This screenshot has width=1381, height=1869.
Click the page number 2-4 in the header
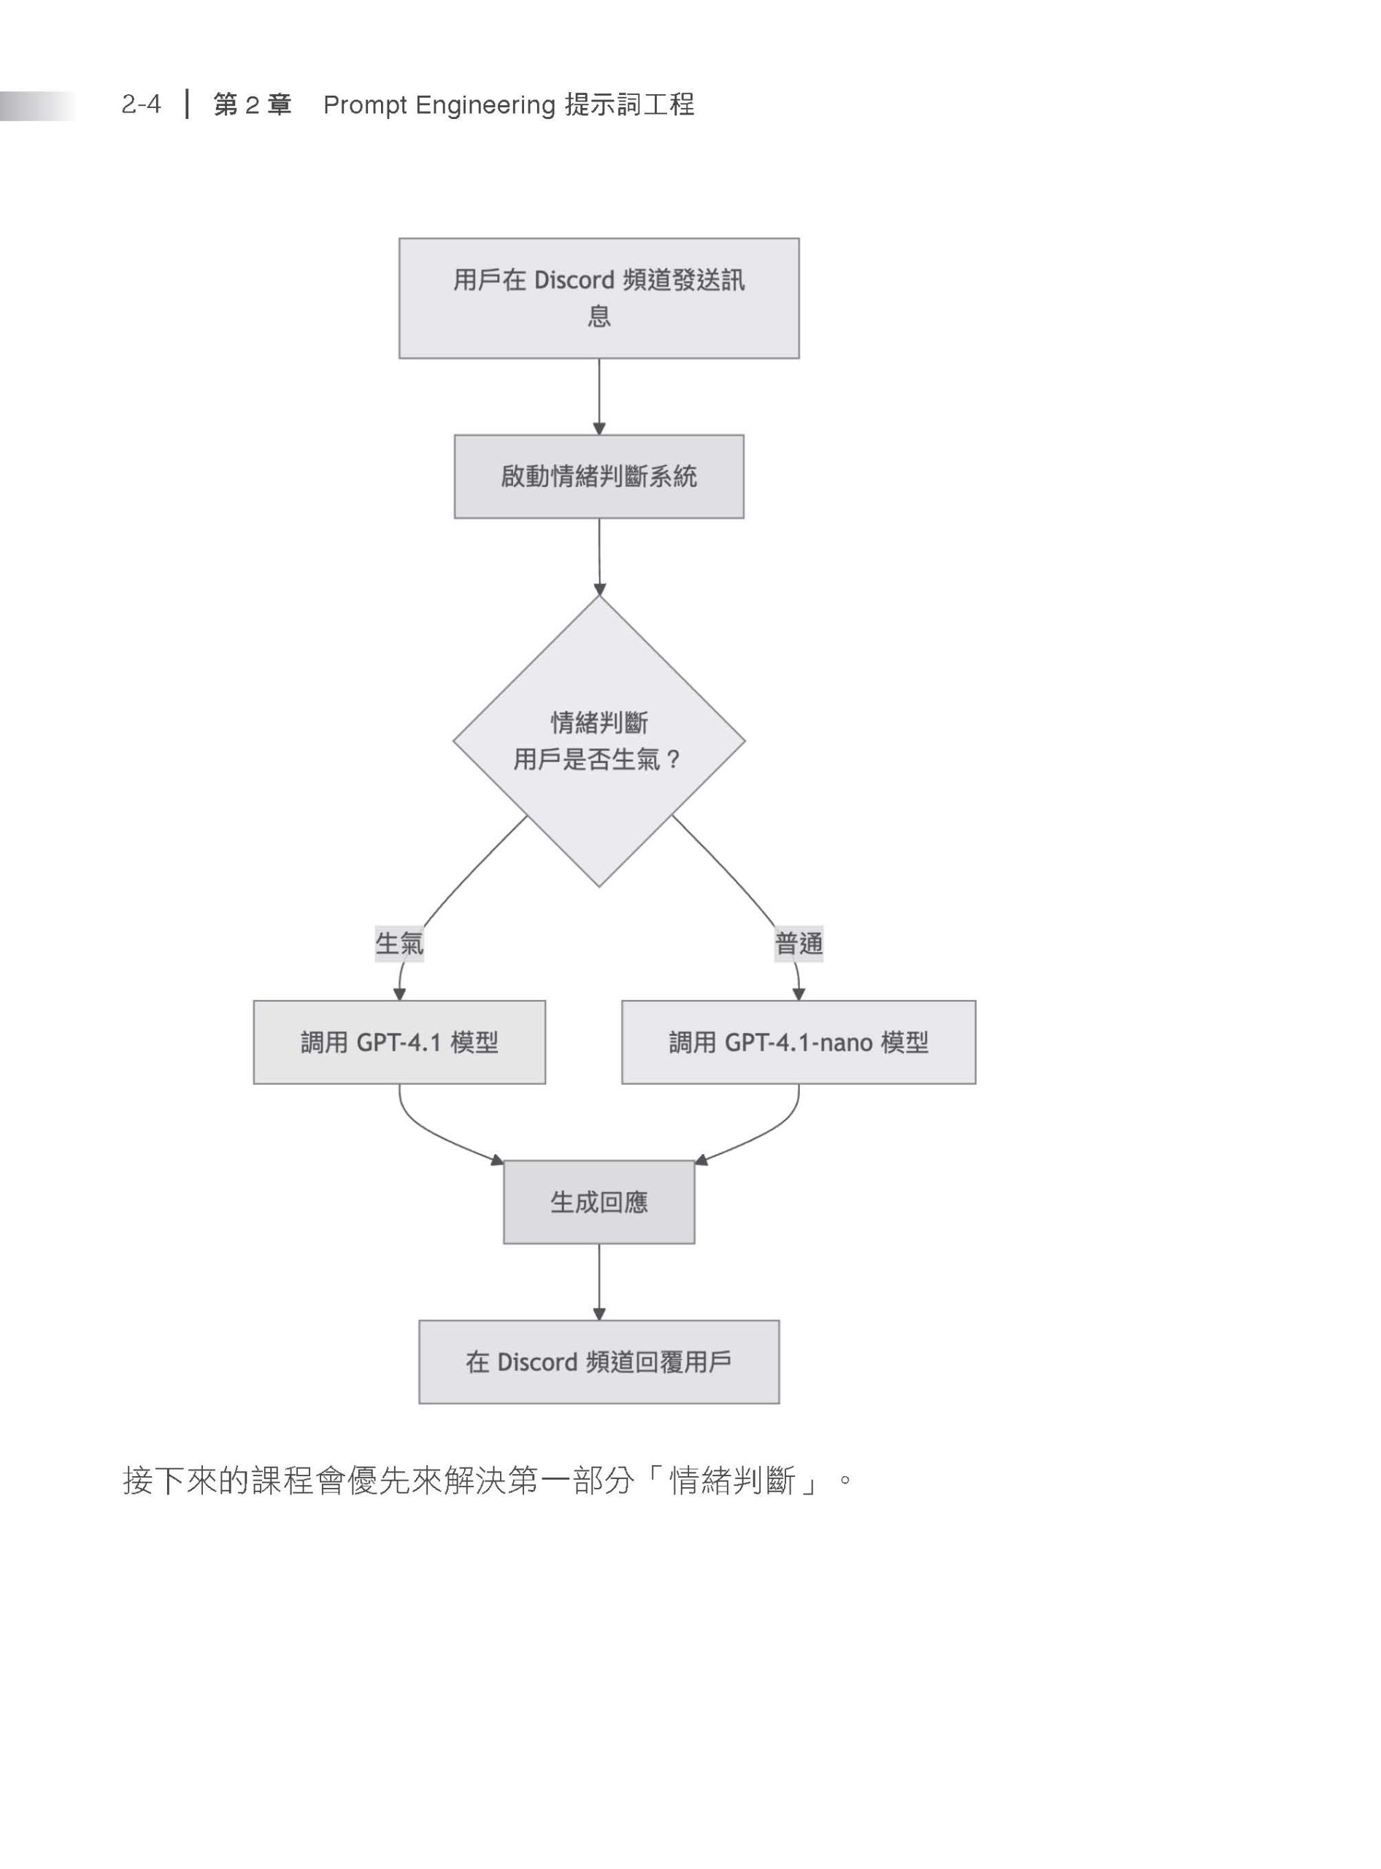142,104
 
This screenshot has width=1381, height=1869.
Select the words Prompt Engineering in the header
439,105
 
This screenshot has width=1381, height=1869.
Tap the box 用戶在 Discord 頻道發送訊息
599,299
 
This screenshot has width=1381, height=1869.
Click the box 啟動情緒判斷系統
599,477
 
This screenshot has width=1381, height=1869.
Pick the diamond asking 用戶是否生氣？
599,741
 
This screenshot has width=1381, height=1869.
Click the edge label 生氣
399,944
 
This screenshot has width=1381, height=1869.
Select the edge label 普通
799,944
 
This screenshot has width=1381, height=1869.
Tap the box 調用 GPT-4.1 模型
399,1042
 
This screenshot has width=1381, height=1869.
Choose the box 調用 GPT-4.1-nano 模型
799,1042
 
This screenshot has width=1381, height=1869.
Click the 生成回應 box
599,1202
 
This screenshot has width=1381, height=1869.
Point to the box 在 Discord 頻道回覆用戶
599,1362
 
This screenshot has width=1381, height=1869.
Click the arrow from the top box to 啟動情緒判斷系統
599,397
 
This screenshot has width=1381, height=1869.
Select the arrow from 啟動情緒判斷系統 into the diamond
599,557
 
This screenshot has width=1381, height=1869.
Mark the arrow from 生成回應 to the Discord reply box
599,1282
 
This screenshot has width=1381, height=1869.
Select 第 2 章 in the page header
253,105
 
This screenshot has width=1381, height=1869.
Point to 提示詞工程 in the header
629,104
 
